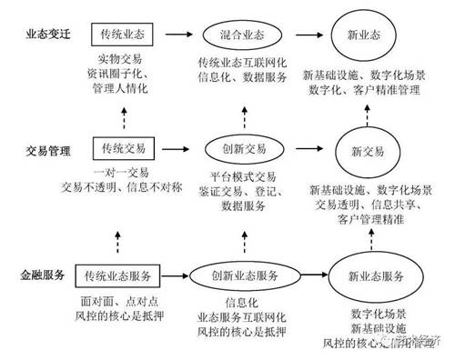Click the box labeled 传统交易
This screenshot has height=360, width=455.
pos(124,147)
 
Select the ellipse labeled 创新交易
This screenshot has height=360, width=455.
pos(243,147)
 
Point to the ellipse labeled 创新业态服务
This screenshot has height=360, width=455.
pos(243,275)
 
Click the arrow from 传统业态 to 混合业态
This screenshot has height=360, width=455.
pos(181,33)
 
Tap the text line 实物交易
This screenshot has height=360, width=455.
pos(125,60)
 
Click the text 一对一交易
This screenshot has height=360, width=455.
pos(122,172)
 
